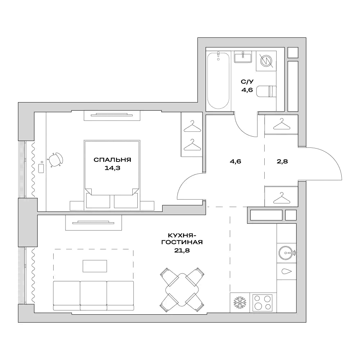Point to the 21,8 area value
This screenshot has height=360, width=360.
(182, 251)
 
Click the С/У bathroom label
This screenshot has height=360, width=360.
(246, 82)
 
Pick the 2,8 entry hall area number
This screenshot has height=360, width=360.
(282, 161)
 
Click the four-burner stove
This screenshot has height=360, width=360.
(262, 303)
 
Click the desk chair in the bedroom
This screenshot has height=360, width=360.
(56, 160)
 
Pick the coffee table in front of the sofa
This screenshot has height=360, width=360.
(95, 266)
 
